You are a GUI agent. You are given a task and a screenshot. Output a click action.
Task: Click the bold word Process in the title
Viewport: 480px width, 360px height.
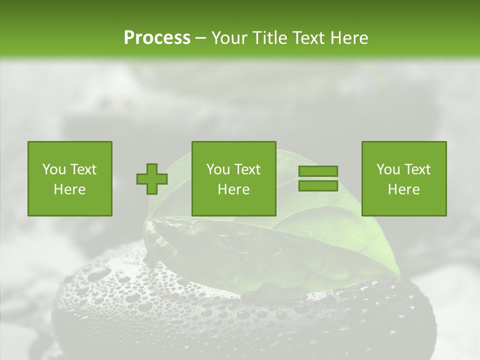[x=157, y=38]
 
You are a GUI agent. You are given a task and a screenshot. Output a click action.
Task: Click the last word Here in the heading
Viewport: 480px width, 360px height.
[x=349, y=38]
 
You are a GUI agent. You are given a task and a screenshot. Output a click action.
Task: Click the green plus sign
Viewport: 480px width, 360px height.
[x=152, y=178]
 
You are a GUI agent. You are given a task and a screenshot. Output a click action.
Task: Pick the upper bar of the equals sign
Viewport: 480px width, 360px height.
[x=318, y=171]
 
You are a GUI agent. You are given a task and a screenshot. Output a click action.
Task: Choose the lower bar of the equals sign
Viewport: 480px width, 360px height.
[x=318, y=185]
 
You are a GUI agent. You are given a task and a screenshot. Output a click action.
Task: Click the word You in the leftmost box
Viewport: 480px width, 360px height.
[x=53, y=169]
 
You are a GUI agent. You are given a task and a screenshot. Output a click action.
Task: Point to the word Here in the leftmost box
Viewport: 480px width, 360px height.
[x=70, y=189]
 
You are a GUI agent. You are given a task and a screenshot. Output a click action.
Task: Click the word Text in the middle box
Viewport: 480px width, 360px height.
[x=248, y=169]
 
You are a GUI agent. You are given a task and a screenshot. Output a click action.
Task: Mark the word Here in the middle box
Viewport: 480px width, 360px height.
[x=234, y=189]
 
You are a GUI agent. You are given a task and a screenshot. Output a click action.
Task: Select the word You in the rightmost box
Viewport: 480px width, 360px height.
[x=387, y=169]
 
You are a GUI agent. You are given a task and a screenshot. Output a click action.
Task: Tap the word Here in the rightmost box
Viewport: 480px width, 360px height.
[x=404, y=189]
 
